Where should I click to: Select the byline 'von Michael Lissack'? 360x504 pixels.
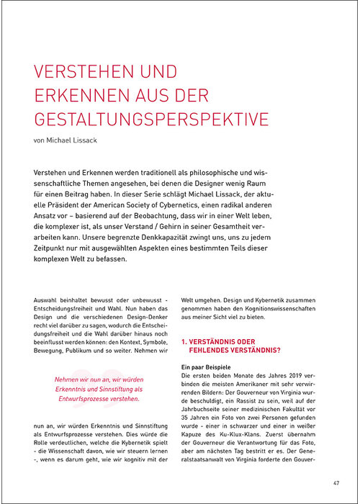tap(67, 140)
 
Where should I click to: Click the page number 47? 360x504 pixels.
tap(336, 482)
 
